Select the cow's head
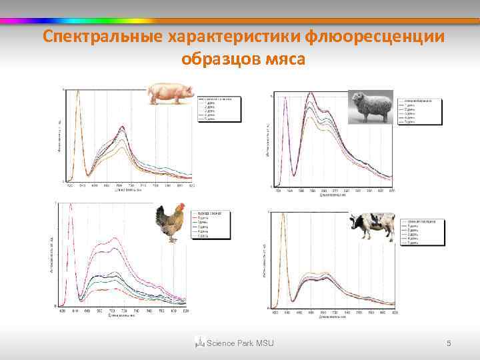tap(355, 223)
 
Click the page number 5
tap(449, 343)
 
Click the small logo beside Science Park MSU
tap(199, 343)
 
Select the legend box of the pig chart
tap(219, 109)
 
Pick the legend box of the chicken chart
tap(209, 225)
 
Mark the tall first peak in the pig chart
tap(77, 93)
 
